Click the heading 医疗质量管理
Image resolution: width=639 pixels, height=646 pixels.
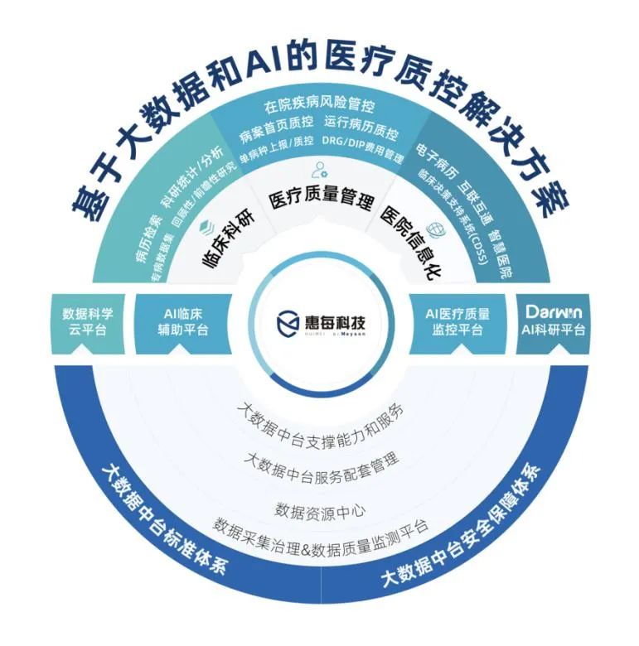pos(321,201)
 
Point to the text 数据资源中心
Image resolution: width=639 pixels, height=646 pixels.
pos(320,509)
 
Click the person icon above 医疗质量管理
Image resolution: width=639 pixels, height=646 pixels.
pos(318,172)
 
